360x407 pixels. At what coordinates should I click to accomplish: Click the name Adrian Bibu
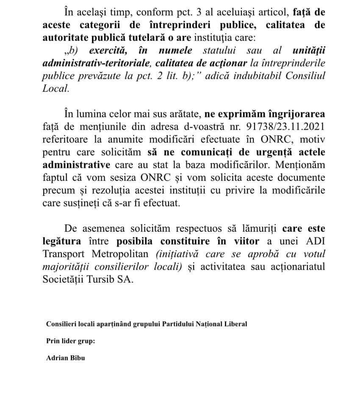66,357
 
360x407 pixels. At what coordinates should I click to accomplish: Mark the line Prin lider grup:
68,340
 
